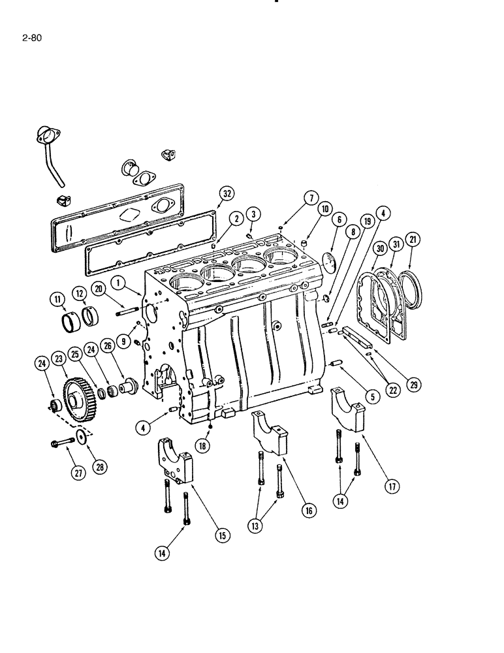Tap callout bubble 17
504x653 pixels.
(392, 486)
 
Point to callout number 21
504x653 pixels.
(412, 240)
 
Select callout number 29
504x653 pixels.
(411, 385)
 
